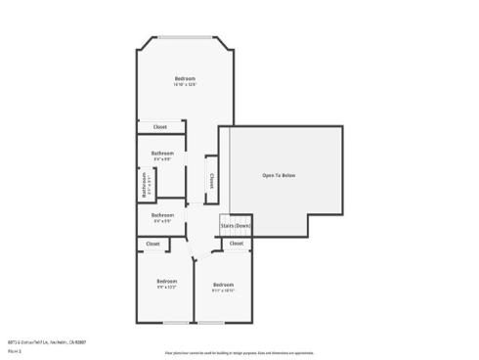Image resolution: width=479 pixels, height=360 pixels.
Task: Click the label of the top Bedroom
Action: coord(185,78)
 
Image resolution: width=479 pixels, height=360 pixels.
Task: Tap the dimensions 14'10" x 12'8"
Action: coord(185,85)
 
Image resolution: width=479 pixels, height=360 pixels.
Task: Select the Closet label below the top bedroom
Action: coord(159,126)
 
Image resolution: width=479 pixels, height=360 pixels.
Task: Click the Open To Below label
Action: coord(279,175)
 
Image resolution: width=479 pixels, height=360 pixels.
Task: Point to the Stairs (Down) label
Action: coord(236,225)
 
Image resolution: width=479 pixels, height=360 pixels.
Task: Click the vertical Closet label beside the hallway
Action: coord(211,180)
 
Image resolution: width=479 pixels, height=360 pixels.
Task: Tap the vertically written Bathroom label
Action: coord(145,183)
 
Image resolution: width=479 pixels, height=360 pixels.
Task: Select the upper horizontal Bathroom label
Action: coord(162,153)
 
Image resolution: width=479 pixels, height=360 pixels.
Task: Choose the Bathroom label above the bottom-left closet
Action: coord(162,215)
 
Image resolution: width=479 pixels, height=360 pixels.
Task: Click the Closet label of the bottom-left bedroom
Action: coord(153,244)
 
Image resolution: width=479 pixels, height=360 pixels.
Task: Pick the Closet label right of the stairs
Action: coord(237,244)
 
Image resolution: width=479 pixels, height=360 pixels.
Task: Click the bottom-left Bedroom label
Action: coord(166,282)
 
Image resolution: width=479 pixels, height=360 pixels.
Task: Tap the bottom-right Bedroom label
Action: coord(223,285)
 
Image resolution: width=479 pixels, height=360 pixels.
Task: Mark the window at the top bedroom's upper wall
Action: coord(186,38)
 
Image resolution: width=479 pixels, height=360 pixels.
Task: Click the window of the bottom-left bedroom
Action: coord(176,323)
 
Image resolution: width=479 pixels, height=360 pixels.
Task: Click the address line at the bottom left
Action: coord(47,341)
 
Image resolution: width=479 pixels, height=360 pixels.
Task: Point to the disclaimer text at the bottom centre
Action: coord(239,352)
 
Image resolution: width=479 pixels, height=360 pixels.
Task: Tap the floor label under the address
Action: coord(15,349)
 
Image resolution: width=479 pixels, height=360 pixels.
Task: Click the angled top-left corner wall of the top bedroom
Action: coord(144,45)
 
